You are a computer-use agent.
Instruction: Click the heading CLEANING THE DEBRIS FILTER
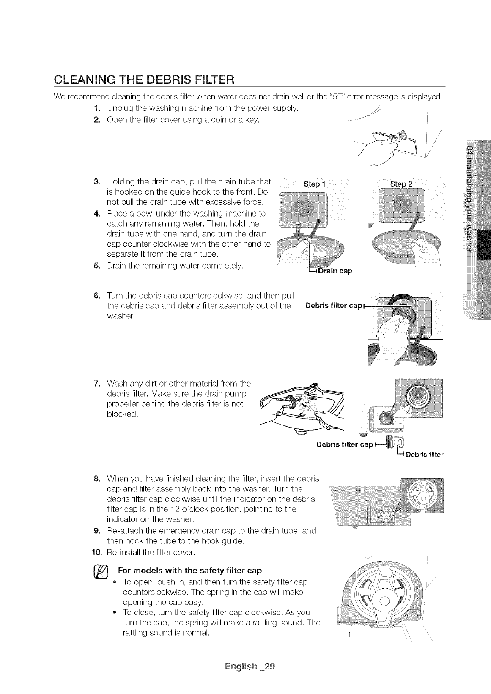click(144, 80)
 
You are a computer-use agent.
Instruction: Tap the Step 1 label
click(314, 184)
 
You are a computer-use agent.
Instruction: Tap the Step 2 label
click(401, 184)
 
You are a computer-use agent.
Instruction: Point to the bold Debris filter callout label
click(425, 455)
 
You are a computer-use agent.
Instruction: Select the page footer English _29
click(250, 667)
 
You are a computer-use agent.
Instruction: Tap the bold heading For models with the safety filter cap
click(190, 571)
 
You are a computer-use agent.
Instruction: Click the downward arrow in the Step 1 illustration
click(298, 231)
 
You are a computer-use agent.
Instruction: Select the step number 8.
click(96, 479)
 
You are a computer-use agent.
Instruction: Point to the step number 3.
click(96, 181)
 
